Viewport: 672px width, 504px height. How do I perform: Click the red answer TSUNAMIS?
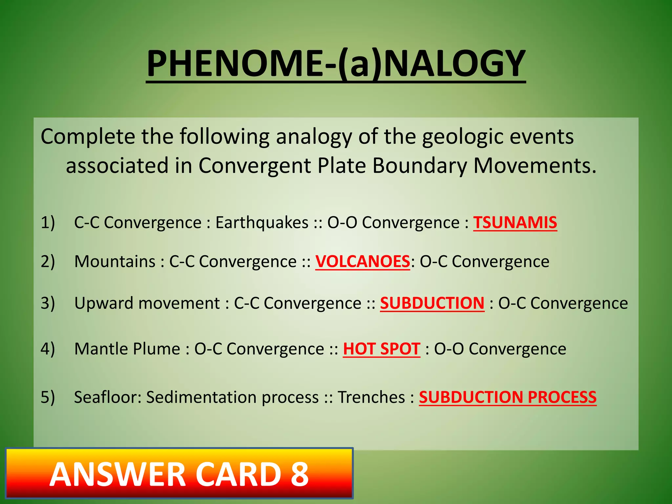515,222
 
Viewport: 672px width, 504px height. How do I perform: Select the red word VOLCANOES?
363,262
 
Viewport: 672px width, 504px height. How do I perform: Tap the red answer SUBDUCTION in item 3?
432,303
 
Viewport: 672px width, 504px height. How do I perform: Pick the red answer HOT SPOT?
382,348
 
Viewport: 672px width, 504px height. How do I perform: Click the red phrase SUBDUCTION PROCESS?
508,397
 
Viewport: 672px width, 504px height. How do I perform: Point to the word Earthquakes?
262,222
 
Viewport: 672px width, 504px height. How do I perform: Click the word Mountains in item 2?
115,262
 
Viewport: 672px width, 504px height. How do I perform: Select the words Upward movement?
147,303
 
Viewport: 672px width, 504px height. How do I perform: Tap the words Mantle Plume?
127,348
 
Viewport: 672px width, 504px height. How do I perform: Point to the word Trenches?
371,397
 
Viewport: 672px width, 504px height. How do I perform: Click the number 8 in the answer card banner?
300,474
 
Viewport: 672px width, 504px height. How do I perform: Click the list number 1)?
48,222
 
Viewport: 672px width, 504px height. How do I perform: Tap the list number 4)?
48,348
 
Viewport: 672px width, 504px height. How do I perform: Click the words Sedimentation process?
232,397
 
